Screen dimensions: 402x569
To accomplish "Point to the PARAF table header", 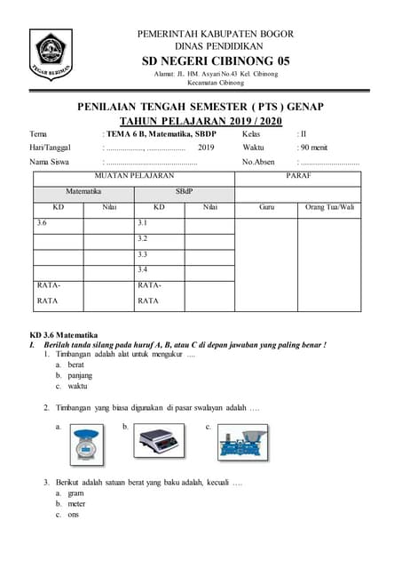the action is [x=298, y=177].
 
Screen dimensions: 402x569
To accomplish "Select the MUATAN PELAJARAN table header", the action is [x=134, y=177].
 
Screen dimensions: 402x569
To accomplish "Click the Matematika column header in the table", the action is [x=83, y=191].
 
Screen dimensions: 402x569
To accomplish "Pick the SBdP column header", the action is [x=184, y=191].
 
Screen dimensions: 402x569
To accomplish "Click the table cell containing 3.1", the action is [x=160, y=222].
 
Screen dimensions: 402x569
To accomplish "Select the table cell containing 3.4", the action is [x=160, y=268].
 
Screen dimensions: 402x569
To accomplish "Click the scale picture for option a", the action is [x=87, y=444].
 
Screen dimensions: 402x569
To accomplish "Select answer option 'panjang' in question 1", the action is [x=82, y=375].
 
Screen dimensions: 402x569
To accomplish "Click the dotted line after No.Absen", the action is [x=329, y=163].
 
